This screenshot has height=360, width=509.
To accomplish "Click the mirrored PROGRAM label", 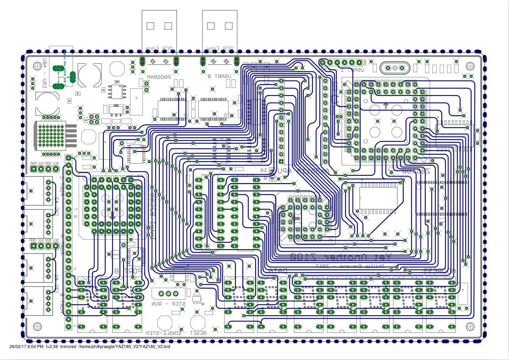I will click(159, 77).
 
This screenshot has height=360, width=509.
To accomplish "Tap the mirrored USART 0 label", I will click(219, 76).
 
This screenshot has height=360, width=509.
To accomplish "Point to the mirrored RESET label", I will click(198, 333).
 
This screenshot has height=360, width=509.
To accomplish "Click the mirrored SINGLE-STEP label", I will click(164, 333).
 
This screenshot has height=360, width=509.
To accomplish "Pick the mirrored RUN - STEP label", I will click(168, 304).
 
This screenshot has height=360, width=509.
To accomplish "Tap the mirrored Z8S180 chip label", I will click(416, 171).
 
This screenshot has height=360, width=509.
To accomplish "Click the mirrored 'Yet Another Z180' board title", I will click(341, 257).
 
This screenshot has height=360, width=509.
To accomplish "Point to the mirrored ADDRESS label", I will click(439, 271).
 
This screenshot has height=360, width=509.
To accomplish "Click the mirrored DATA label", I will click(278, 271).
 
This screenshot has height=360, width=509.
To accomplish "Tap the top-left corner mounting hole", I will click(37, 66).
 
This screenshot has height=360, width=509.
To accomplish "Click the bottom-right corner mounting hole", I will click(470, 327).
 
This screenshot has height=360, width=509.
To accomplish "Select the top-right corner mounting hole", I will click(470, 66).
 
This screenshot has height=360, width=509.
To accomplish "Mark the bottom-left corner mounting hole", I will click(37, 327).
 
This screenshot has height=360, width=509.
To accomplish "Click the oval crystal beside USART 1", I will click(395, 68).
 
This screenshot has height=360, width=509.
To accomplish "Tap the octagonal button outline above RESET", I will click(198, 322).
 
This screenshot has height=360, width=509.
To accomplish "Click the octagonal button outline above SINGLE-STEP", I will click(165, 322).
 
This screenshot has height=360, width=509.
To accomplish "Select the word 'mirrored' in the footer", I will click(68, 347).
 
